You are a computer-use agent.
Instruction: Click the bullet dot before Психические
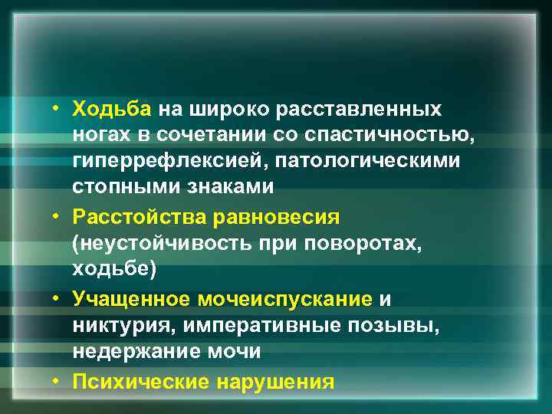coord(58,380)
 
